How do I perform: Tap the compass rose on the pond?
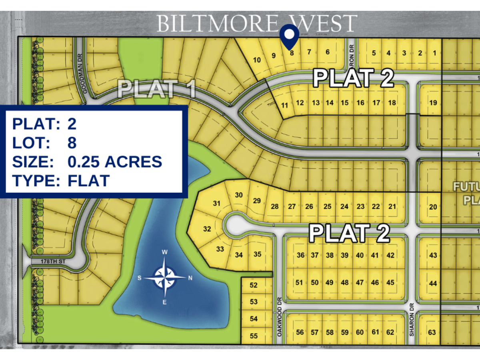coord(164,277)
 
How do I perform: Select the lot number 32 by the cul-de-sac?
coord(207,229)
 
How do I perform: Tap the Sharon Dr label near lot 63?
coord(411,324)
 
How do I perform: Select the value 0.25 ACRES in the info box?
coord(115,162)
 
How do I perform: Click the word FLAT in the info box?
coord(88,180)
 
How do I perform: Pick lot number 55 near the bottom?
coord(254,336)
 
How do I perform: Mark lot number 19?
coord(433,102)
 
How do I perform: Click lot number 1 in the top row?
coord(434,53)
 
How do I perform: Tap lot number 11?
coord(285,106)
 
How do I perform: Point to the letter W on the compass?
coord(164,252)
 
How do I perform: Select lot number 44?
coord(433,283)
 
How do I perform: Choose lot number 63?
coord(432,332)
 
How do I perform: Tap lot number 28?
coord(275,206)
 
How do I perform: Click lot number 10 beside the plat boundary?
coord(257,60)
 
